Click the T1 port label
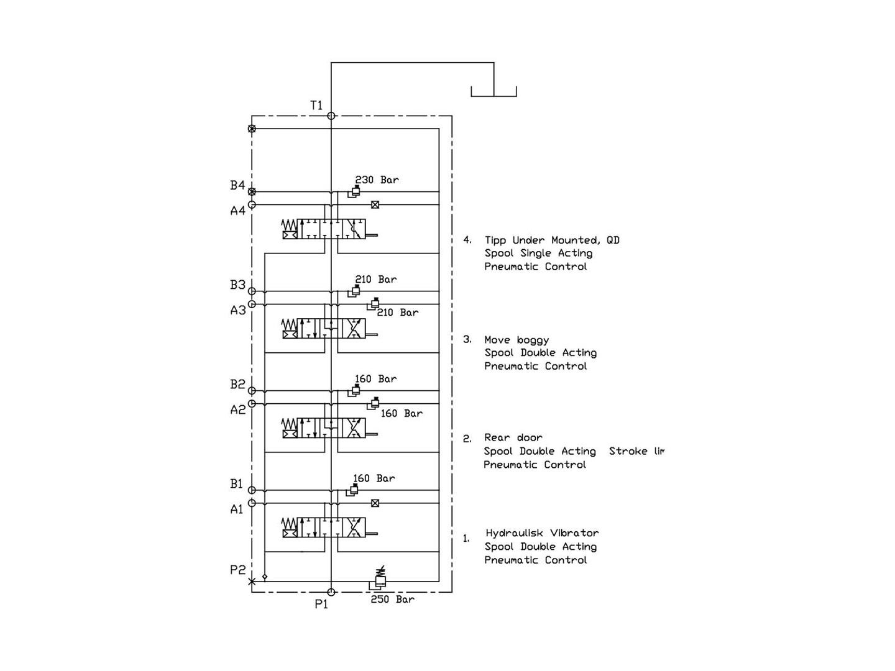click(x=316, y=105)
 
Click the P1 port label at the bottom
click(x=321, y=604)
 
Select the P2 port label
click(x=238, y=570)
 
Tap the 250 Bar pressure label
click(x=392, y=600)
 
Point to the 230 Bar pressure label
click(x=377, y=180)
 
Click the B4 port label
click(x=237, y=185)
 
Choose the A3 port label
click(x=238, y=310)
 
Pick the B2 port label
click(x=237, y=385)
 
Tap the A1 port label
click(x=237, y=509)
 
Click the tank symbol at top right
click(x=493, y=92)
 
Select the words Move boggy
click(x=516, y=340)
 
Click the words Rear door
click(x=513, y=437)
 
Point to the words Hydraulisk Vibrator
click(x=542, y=533)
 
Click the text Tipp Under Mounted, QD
click(x=552, y=240)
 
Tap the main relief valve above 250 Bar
click(x=379, y=580)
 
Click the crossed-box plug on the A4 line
click(x=375, y=204)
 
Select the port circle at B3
click(x=252, y=291)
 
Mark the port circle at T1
click(x=331, y=116)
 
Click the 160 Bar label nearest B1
click(x=374, y=478)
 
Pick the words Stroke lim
click(x=636, y=451)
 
